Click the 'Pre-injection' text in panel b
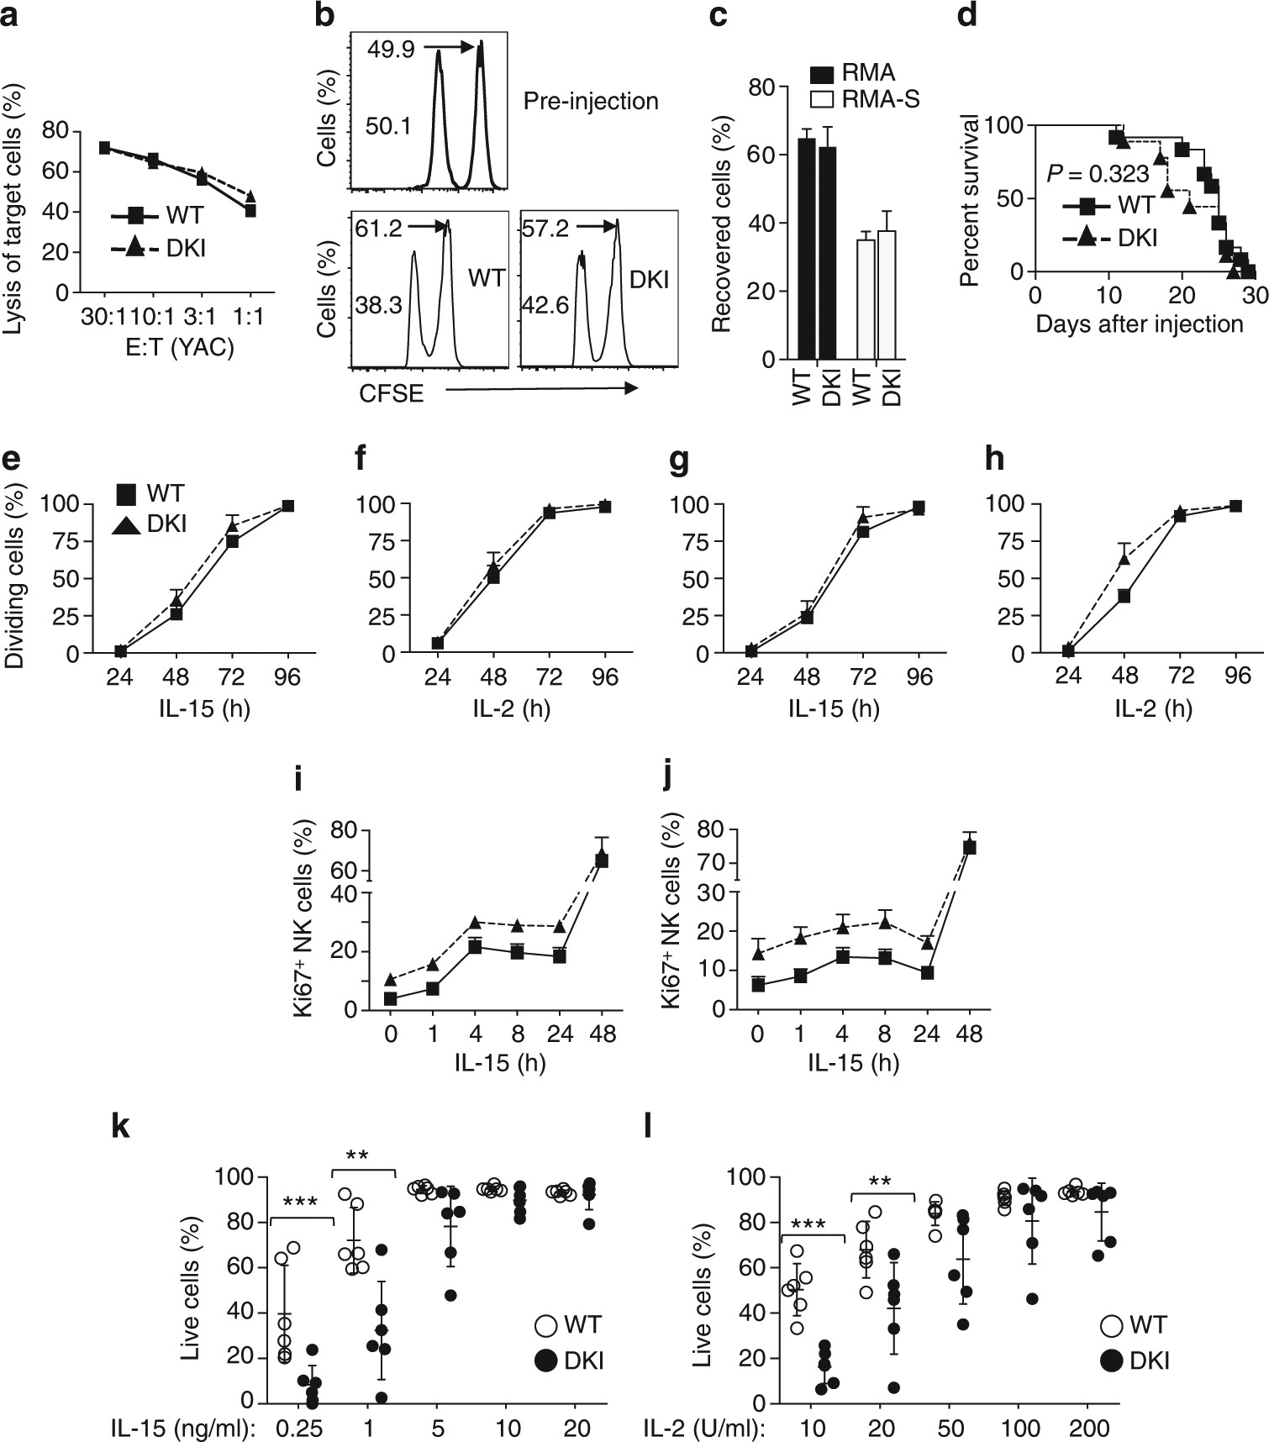[x=590, y=102]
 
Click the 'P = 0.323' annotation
[x=1098, y=174]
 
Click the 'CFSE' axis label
[x=392, y=392]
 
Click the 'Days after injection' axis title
[x=1139, y=324]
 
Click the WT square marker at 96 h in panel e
[x=287, y=506]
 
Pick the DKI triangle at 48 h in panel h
[x=1124, y=558]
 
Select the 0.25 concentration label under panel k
[x=300, y=1429]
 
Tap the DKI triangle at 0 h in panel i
[x=390, y=980]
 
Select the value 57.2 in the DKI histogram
[x=542, y=228]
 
